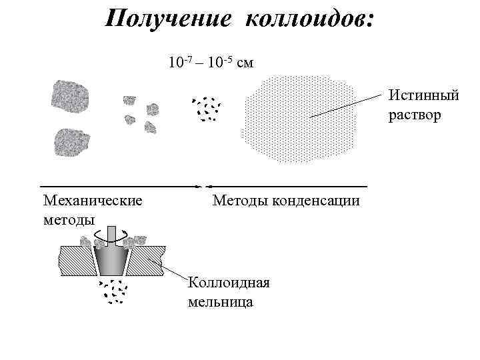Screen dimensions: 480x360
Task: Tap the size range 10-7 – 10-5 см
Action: click(211, 63)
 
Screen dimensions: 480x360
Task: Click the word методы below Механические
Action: click(68, 219)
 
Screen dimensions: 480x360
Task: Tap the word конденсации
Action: click(314, 200)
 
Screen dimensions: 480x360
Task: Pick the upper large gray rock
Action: click(70, 97)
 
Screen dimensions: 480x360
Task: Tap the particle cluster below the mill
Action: click(114, 290)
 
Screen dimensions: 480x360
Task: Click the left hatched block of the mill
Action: click(77, 260)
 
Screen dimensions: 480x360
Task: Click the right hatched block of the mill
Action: click(147, 260)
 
